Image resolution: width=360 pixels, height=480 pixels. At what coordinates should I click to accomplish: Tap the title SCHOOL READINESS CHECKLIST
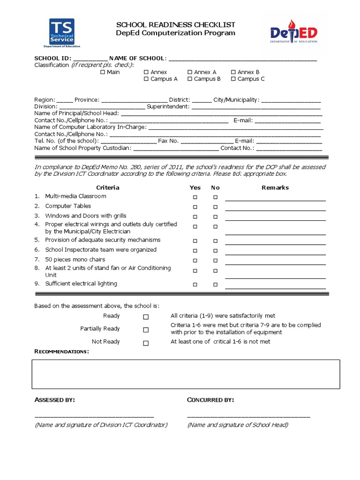176,25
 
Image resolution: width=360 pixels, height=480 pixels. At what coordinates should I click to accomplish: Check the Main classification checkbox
103,72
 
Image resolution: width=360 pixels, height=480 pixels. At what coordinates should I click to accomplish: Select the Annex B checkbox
233,72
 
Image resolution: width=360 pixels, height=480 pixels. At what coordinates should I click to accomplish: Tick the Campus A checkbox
146,79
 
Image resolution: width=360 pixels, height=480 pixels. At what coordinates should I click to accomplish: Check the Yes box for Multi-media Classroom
195,197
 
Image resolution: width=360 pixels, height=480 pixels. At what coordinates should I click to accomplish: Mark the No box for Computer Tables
215,207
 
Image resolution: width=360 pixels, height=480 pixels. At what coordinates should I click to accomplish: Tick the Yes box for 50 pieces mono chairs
195,261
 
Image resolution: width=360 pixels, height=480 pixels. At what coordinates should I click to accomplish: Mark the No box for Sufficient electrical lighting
215,285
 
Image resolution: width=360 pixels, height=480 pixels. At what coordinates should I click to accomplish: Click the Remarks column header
275,187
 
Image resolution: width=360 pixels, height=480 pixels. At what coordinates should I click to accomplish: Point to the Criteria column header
108,187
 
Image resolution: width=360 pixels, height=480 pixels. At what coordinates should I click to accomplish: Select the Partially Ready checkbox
146,330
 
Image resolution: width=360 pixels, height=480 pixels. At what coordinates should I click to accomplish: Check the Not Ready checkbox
146,343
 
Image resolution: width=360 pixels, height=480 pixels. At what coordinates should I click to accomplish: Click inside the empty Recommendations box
186,374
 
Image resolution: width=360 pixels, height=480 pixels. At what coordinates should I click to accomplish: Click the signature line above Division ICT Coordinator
94,416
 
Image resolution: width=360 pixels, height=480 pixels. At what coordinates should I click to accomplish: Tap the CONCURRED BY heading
210,400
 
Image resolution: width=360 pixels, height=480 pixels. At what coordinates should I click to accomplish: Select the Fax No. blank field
207,142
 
